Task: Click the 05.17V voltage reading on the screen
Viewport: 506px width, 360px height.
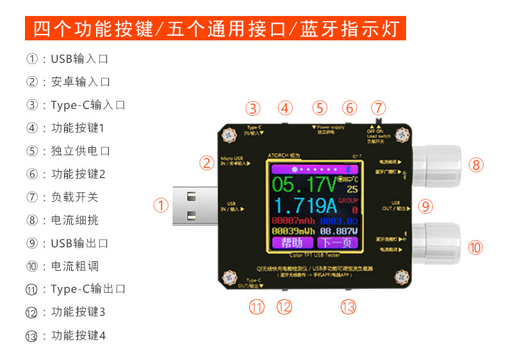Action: (303, 186)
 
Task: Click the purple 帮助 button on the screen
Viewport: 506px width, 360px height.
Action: (292, 243)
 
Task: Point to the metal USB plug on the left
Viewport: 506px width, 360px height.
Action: (195, 206)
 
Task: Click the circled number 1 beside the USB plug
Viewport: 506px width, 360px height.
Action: (161, 206)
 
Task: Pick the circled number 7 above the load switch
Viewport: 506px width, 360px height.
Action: (379, 108)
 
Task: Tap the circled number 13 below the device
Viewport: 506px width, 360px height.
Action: (348, 307)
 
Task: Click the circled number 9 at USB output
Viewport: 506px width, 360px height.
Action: (426, 206)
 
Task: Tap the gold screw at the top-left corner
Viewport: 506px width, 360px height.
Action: (227, 135)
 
